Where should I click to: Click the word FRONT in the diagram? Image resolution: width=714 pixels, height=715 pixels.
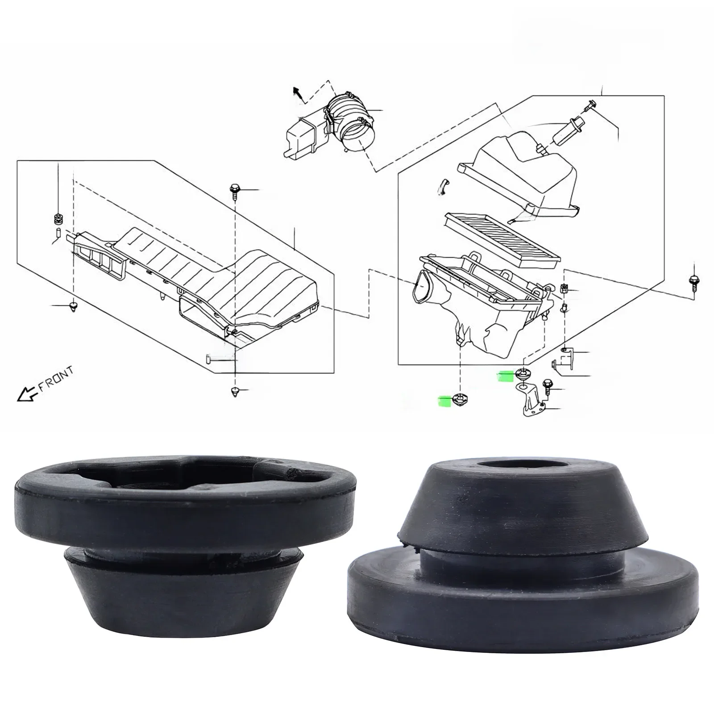(56, 380)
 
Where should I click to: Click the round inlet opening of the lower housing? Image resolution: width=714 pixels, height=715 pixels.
(421, 288)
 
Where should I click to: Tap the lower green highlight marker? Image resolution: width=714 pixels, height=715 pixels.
(444, 401)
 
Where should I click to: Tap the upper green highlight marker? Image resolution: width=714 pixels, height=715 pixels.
(506, 376)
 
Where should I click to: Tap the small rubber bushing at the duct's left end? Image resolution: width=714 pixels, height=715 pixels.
(57, 219)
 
